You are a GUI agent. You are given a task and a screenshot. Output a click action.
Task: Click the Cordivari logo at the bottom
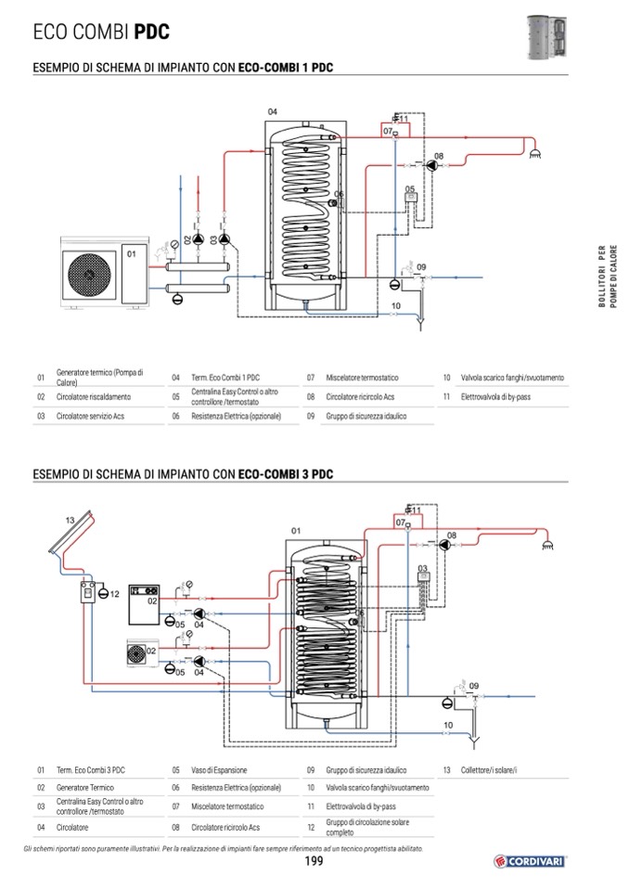pyautogui.click(x=530, y=861)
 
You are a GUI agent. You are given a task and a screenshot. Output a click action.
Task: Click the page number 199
pyautogui.click(x=314, y=861)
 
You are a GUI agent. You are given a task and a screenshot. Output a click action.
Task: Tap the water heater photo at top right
pyautogui.click(x=546, y=37)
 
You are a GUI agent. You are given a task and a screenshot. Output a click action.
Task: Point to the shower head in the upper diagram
pyautogui.click(x=534, y=153)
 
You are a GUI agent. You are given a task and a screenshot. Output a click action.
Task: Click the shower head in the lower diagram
pyautogui.click(x=548, y=545)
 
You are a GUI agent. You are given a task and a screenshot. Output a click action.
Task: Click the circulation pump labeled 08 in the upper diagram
pyautogui.click(x=432, y=166)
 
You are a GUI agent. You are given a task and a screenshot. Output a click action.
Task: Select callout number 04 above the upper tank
pyautogui.click(x=272, y=111)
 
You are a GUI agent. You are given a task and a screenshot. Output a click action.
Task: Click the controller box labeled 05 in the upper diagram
pyautogui.click(x=410, y=198)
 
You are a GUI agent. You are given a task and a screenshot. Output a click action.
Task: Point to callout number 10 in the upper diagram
pyautogui.click(x=396, y=306)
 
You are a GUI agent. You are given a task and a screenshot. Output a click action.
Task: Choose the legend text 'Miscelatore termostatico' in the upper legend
pyautogui.click(x=362, y=378)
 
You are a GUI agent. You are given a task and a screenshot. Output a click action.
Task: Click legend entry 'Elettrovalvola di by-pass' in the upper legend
pyautogui.click(x=495, y=397)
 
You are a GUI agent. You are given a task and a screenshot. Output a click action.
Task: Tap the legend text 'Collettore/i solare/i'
pyautogui.click(x=489, y=770)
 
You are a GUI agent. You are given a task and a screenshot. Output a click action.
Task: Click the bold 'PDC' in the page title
pyautogui.click(x=152, y=32)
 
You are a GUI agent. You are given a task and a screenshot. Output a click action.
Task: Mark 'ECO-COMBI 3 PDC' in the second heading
pyautogui.click(x=286, y=474)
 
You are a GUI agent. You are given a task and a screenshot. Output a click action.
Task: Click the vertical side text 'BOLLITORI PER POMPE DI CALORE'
pyautogui.click(x=608, y=277)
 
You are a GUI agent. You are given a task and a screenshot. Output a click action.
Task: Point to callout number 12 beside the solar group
pyautogui.click(x=114, y=594)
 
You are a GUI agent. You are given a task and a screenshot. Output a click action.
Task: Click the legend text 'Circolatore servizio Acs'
pyautogui.click(x=90, y=416)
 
